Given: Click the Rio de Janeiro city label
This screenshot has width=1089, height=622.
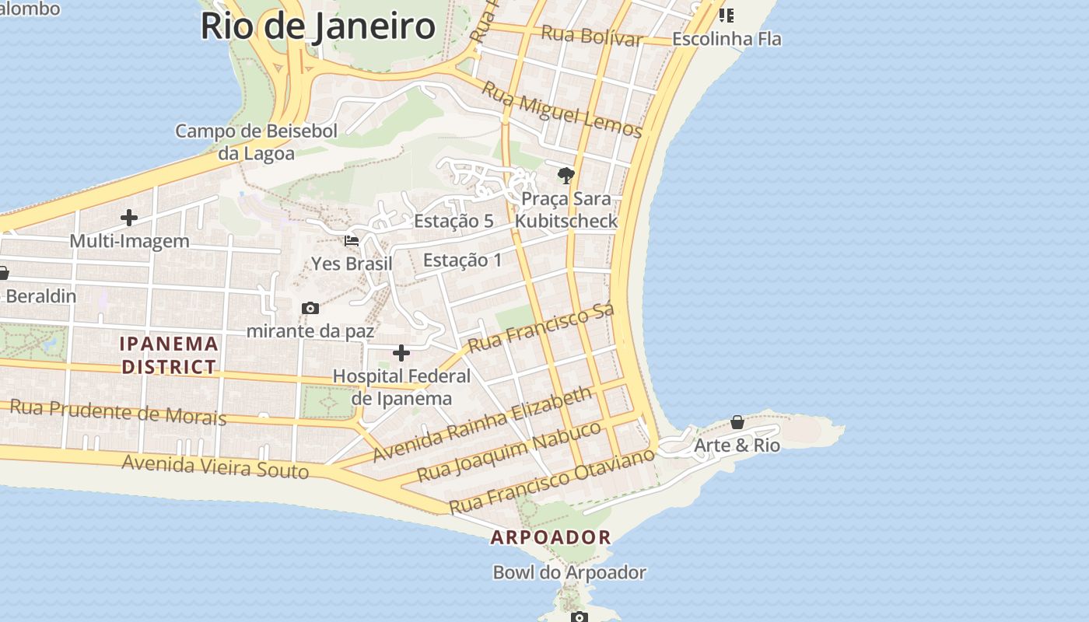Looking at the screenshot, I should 317,26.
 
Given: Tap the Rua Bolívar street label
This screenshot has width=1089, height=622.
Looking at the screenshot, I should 591,36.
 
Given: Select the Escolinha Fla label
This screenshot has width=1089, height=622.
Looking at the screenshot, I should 727,39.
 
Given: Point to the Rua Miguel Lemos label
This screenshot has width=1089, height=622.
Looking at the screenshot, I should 562,109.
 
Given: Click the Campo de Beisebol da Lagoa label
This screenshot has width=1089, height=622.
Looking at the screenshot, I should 256,142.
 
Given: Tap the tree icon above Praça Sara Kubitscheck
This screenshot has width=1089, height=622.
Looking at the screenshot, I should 566,175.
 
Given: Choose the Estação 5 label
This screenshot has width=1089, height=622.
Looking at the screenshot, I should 453,222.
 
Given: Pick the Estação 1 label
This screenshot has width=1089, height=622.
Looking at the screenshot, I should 463,260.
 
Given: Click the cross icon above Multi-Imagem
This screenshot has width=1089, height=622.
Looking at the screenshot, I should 129,218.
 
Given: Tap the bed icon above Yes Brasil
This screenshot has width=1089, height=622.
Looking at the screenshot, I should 352,241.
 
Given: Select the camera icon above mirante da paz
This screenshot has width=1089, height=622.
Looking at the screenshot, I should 310,309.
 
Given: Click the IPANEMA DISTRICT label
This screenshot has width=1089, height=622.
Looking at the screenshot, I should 169,355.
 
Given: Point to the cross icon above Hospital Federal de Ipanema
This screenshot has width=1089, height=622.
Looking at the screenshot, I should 401,354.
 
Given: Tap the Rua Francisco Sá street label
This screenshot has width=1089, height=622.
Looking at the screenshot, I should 541,327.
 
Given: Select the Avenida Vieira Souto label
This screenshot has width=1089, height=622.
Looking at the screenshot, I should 215,466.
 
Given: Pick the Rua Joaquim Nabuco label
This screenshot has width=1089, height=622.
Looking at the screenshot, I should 509,451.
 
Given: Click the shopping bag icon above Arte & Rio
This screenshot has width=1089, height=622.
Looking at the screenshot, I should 737,422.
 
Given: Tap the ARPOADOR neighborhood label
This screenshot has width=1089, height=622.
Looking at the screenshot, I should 551,537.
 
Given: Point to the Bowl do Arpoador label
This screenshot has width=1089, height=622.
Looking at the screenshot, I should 569,573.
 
